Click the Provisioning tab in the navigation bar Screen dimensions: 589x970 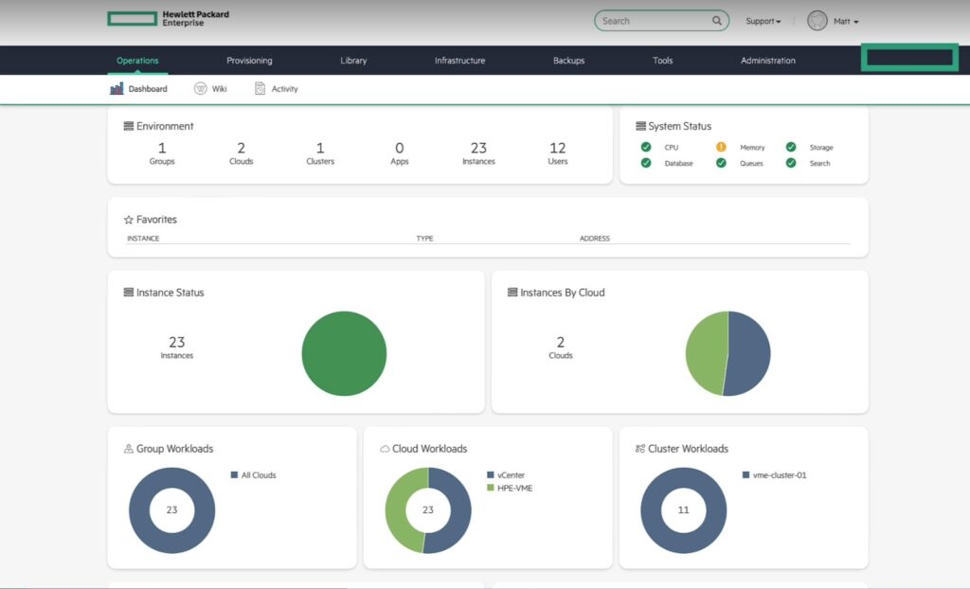(x=249, y=61)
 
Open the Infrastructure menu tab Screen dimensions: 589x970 (x=459, y=61)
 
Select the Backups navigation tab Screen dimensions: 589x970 (x=568, y=61)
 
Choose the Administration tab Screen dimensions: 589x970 (x=767, y=61)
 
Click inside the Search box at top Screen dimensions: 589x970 (x=654, y=21)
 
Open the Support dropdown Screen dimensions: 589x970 (x=763, y=21)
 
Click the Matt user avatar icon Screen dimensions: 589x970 (x=817, y=21)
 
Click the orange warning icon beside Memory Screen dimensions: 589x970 (x=721, y=147)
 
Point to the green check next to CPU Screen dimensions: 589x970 (x=646, y=147)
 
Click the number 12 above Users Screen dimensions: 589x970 (x=558, y=148)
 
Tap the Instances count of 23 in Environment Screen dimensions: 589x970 (x=478, y=148)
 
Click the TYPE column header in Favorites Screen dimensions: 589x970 (x=424, y=239)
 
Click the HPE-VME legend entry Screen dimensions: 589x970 (x=514, y=488)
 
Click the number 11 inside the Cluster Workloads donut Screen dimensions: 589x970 (x=683, y=509)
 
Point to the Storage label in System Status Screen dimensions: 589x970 (x=820, y=148)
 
